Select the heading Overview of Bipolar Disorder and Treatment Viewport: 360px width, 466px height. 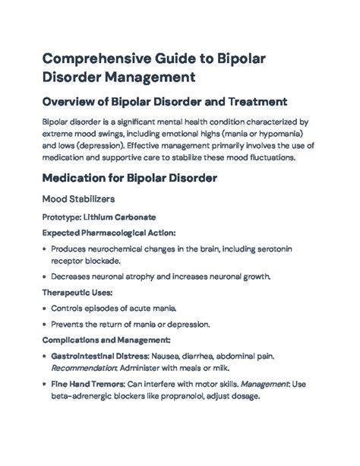tap(163, 102)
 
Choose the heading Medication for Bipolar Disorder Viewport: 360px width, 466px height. tap(130, 180)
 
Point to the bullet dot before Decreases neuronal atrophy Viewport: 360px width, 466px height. tap(45, 277)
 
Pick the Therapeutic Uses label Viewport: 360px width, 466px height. tap(76, 293)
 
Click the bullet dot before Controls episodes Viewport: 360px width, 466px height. tap(45, 309)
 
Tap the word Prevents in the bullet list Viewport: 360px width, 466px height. tap(71, 325)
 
